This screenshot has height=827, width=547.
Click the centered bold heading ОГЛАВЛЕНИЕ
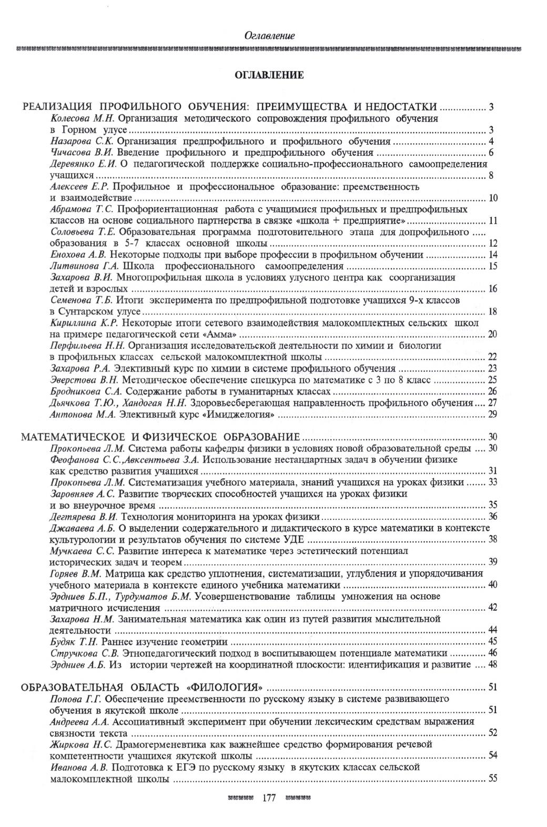point(269,75)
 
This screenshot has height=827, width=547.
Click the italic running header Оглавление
point(269,36)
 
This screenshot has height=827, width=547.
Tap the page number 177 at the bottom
point(268,798)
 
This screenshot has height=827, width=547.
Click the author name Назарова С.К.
point(82,142)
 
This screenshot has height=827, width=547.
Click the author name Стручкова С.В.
point(84,653)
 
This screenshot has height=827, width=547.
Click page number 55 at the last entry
point(493,779)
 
